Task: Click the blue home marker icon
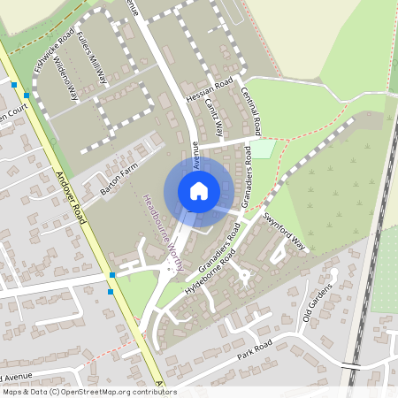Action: click(199, 190)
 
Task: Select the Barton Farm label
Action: click(120, 181)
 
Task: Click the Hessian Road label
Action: click(210, 89)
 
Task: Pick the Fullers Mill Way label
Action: click(91, 58)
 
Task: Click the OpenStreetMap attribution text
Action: click(89, 392)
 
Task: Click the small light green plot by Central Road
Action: click(263, 149)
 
